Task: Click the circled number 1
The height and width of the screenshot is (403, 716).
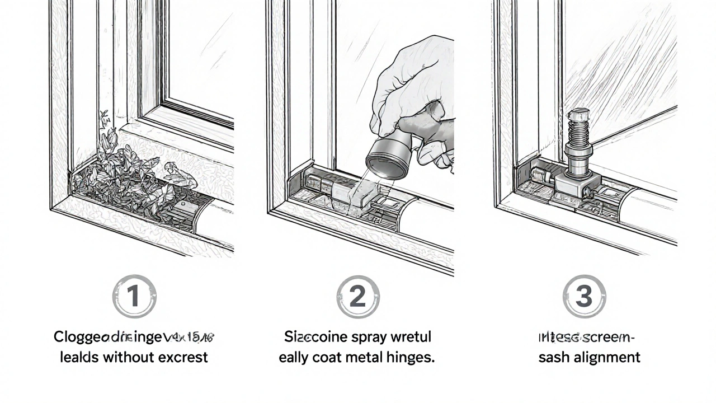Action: [134, 297]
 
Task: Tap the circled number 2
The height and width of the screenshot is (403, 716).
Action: [358, 297]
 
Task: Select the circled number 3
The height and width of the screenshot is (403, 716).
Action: [583, 297]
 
